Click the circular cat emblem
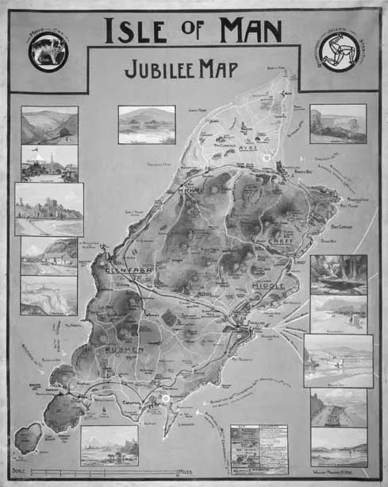click(48, 52)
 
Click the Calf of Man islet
click(29, 436)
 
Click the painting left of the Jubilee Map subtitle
click(147, 125)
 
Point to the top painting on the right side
click(338, 124)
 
